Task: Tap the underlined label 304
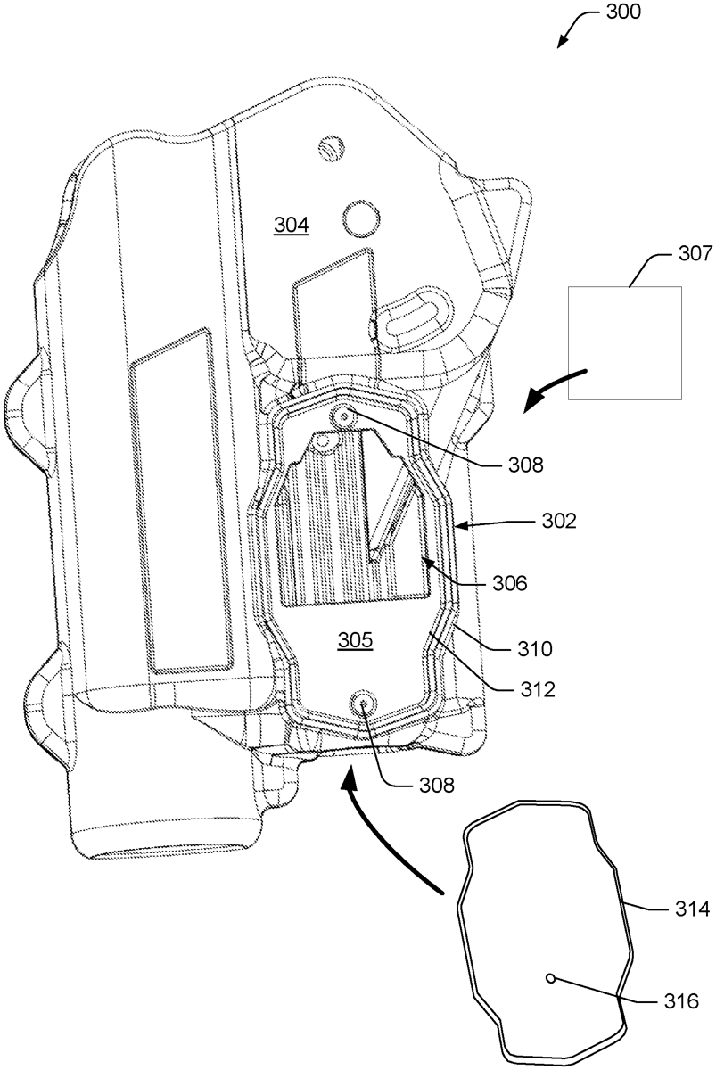[x=291, y=226]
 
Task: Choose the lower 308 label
[x=436, y=786]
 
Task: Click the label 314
[x=684, y=910]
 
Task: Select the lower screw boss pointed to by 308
[x=363, y=704]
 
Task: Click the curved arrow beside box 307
[x=553, y=385]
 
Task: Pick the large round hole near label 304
[x=361, y=214]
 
